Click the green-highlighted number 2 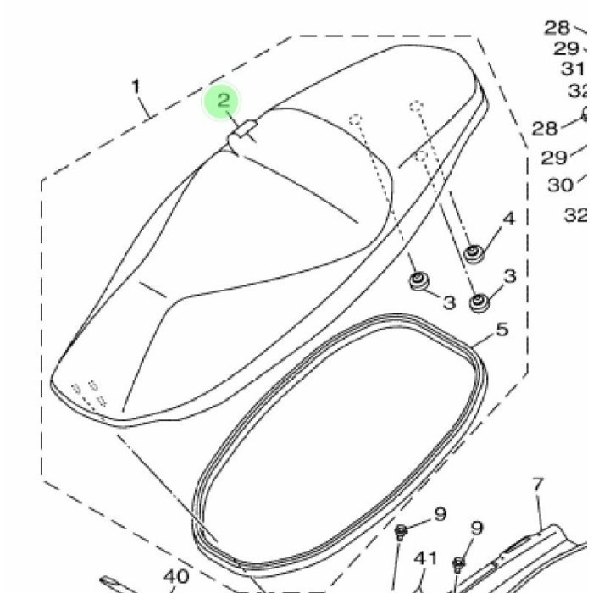pyautogui.click(x=224, y=101)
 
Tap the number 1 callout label pyautogui.click(x=136, y=86)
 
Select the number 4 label pyautogui.click(x=509, y=219)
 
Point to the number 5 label pyautogui.click(x=502, y=330)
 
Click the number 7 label pyautogui.click(x=538, y=485)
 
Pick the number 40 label pyautogui.click(x=176, y=577)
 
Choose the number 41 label pyautogui.click(x=425, y=558)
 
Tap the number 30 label pyautogui.click(x=561, y=186)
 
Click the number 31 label pyautogui.click(x=572, y=69)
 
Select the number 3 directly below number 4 pyautogui.click(x=509, y=276)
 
